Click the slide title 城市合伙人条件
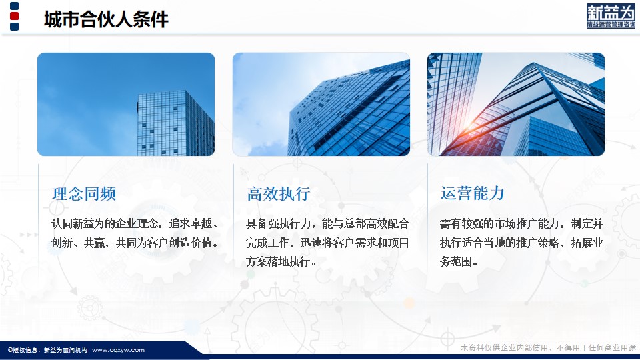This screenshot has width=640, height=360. [106, 19]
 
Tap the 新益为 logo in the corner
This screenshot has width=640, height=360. [611, 16]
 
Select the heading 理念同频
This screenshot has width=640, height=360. [84, 194]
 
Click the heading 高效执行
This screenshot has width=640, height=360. [279, 194]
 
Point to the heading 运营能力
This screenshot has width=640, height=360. [472, 193]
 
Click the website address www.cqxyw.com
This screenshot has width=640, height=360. [118, 350]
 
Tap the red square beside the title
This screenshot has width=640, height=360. [14, 16]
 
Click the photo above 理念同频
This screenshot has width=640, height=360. [126, 104]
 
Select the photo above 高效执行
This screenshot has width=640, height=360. [321, 104]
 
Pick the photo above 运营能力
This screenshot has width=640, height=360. [516, 104]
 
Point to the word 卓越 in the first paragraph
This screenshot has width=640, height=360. [201, 224]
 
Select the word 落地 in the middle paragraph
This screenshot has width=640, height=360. [279, 261]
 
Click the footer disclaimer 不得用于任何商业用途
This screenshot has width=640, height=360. [596, 348]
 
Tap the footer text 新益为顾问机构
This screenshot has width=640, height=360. [65, 350]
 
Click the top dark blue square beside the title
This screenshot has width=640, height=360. [14, 6]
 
